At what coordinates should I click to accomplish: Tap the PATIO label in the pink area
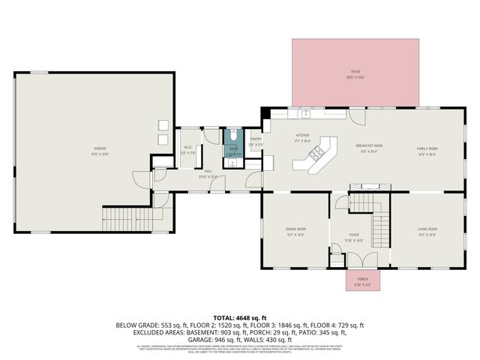(x=355, y=73)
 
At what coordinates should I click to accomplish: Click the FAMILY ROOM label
(x=427, y=148)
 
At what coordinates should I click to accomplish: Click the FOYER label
(x=355, y=237)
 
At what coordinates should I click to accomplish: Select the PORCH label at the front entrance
(x=362, y=280)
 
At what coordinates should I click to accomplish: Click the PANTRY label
(x=256, y=139)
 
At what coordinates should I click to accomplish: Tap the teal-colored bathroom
(x=233, y=146)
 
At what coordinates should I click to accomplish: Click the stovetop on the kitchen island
(x=316, y=153)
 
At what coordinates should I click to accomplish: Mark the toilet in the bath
(x=233, y=136)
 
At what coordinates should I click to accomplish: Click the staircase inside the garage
(x=120, y=219)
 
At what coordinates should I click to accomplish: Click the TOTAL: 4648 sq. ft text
(x=239, y=317)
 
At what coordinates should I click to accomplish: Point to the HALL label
(x=207, y=171)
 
